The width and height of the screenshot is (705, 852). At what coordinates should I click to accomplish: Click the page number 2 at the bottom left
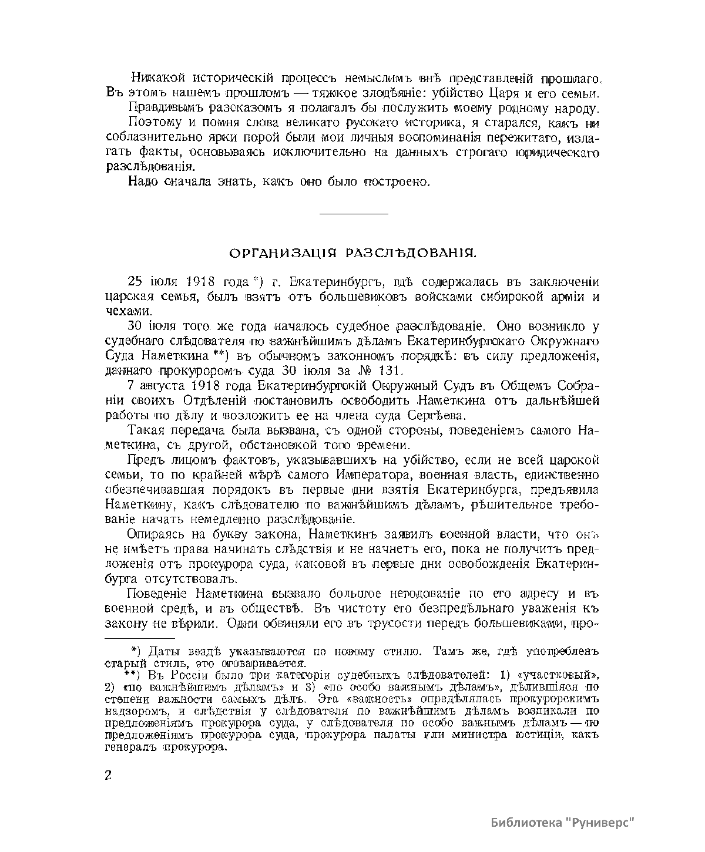click(108, 774)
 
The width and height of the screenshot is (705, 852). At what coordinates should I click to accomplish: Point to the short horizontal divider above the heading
click(353, 214)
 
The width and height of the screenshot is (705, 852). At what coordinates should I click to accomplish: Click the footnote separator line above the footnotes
click(140, 638)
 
